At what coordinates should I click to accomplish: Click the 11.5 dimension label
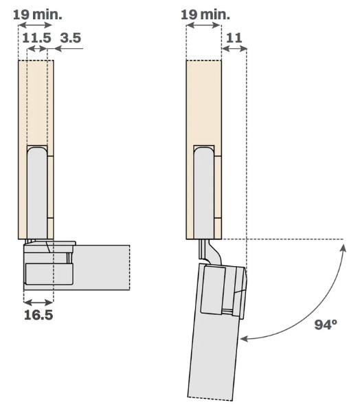36,38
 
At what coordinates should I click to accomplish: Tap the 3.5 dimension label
71,38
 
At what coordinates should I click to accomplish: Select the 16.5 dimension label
38,315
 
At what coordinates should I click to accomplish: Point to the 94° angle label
326,325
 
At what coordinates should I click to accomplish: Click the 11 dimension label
234,38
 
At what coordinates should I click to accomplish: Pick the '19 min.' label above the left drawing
37,14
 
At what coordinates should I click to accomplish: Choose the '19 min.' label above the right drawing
205,14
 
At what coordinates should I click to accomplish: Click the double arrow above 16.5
38,302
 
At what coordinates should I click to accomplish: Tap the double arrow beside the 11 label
234,49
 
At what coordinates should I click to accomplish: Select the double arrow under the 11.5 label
37,49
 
